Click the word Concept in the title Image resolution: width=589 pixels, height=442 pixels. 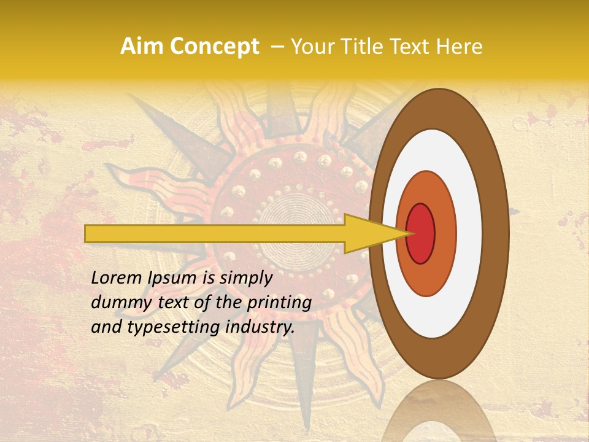215,47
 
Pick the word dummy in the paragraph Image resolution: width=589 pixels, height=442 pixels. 115,303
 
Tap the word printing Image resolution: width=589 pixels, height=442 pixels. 279,303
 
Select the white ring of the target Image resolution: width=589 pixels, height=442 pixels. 469,233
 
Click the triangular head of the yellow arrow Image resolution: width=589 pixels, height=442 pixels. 368,233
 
